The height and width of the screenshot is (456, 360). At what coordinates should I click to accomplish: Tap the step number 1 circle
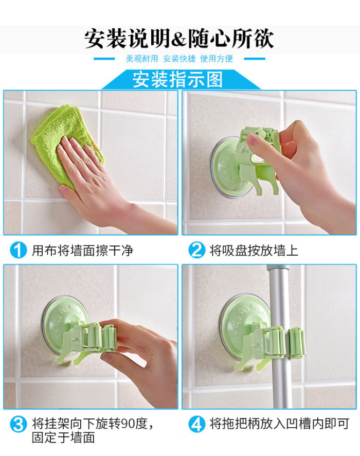click(18, 250)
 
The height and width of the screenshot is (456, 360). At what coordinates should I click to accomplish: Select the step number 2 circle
click(196, 250)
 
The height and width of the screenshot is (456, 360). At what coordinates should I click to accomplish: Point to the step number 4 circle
click(196, 424)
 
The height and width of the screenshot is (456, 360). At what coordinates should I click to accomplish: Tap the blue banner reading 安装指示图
click(180, 79)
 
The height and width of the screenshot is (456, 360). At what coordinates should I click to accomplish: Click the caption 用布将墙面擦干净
click(82, 251)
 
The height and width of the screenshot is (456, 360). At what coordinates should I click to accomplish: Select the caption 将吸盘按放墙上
click(254, 251)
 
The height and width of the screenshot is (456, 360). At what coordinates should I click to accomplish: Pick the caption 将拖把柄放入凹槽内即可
click(279, 424)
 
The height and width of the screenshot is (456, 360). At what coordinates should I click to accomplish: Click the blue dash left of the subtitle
click(104, 59)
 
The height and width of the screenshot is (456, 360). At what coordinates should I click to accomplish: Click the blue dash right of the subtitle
click(255, 59)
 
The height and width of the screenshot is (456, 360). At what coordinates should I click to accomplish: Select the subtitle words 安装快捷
click(179, 59)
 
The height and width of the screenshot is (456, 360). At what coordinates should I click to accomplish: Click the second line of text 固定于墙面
click(63, 437)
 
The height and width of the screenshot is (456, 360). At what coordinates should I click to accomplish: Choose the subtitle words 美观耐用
click(142, 59)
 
